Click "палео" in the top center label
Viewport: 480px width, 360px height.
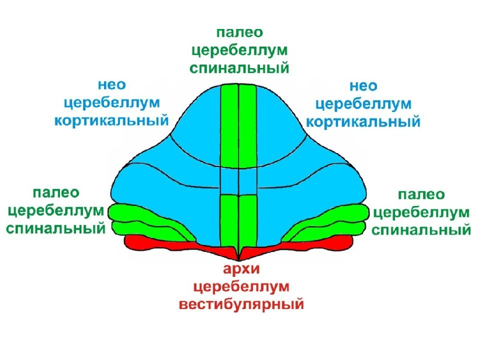click(x=239, y=32)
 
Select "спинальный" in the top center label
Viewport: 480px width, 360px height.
click(x=239, y=67)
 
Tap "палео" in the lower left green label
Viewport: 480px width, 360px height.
click(x=56, y=192)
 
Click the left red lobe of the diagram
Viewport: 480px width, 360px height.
click(x=150, y=243)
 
